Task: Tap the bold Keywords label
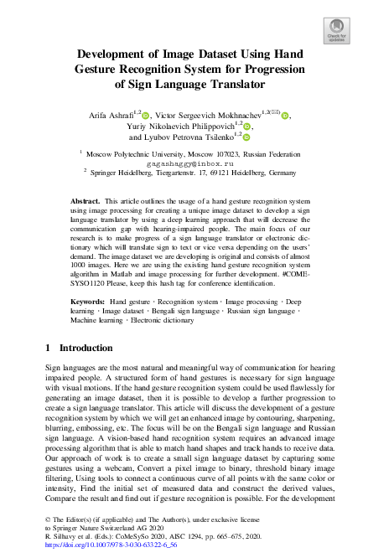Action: [87, 300]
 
